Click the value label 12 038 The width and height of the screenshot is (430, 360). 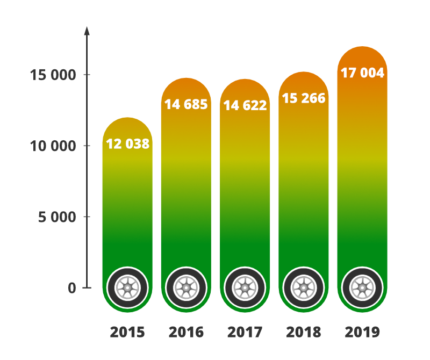pyautogui.click(x=127, y=144)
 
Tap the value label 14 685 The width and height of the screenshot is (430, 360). pyautogui.click(x=186, y=104)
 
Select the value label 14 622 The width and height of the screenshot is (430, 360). pyautogui.click(x=245, y=105)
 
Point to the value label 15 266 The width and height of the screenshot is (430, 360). pyautogui.click(x=304, y=99)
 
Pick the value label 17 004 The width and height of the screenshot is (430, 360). pyautogui.click(x=363, y=73)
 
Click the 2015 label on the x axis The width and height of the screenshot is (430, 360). pyautogui.click(x=127, y=332)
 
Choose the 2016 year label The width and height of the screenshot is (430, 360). pyautogui.click(x=186, y=332)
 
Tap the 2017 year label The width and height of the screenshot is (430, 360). pyautogui.click(x=245, y=332)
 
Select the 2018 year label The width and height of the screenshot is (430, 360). pyautogui.click(x=304, y=332)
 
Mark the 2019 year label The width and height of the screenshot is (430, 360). pyautogui.click(x=362, y=332)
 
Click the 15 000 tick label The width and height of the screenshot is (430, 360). pyautogui.click(x=53, y=75)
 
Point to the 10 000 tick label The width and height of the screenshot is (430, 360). pyautogui.click(x=53, y=146)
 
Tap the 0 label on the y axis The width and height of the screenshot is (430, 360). pyautogui.click(x=72, y=288)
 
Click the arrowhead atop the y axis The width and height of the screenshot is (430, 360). pyautogui.click(x=87, y=30)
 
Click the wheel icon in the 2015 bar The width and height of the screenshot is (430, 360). pyautogui.click(x=127, y=288)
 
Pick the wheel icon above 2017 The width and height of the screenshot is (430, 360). pyautogui.click(x=245, y=288)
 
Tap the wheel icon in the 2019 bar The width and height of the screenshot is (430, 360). pyautogui.click(x=362, y=288)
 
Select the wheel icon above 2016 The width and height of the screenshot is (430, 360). pyautogui.click(x=186, y=288)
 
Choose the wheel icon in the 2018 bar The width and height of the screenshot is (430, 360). pyautogui.click(x=304, y=288)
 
